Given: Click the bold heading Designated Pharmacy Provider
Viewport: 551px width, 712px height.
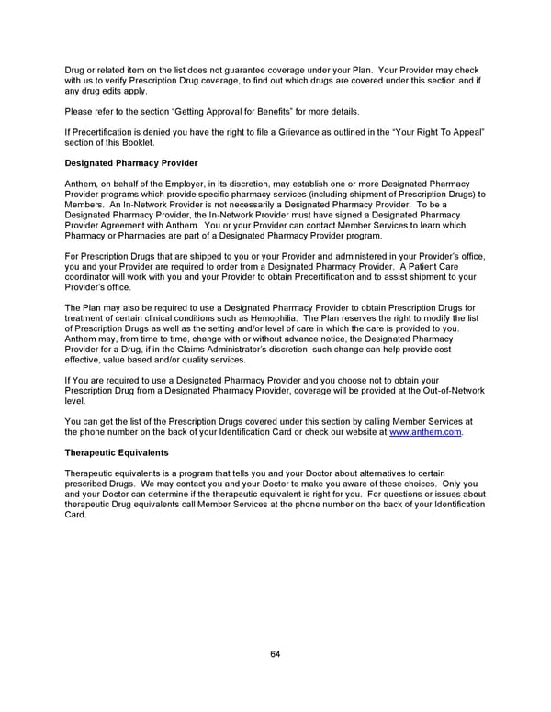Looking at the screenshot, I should point(131,163).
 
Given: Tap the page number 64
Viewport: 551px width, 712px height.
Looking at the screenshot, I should point(275,653).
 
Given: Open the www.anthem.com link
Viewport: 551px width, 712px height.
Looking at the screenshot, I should point(426,431).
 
